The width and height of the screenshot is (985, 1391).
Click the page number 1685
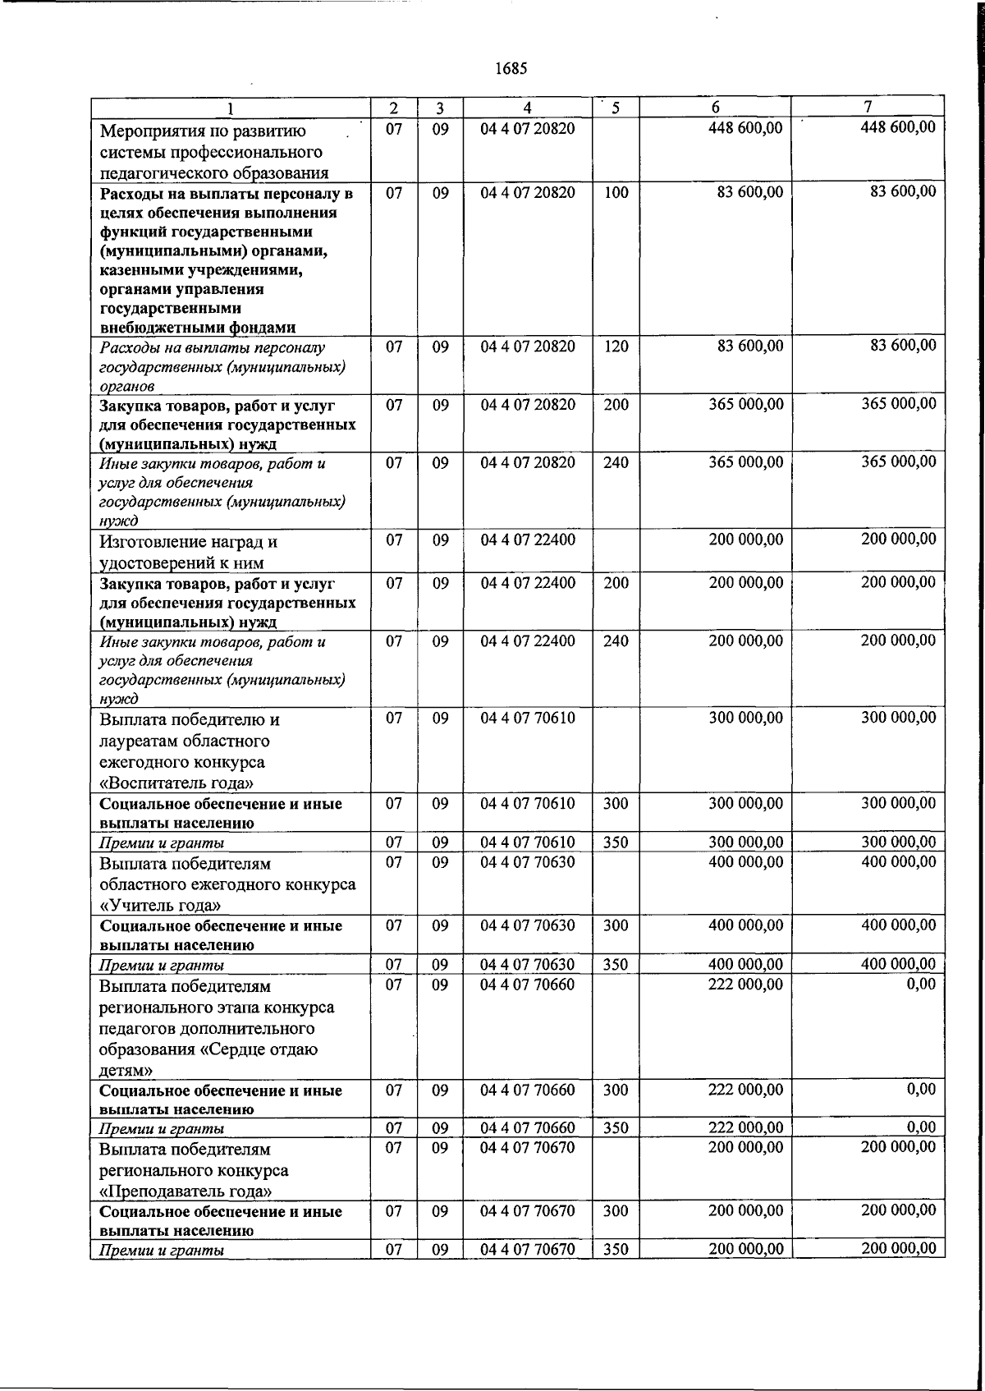pos(511,68)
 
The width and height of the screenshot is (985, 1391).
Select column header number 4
pos(528,108)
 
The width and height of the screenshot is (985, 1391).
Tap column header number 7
pos(868,108)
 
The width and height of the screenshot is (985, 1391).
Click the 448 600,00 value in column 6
pos(745,128)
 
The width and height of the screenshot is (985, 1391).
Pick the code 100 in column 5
pos(616,192)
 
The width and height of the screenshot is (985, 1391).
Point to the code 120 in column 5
pos(616,347)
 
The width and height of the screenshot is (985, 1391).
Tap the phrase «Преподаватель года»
pos(186,1191)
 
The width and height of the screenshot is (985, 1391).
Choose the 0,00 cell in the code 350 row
pos(921,1127)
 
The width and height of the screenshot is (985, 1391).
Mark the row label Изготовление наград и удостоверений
pos(188,552)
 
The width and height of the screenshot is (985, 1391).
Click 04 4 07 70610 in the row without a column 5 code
pos(528,718)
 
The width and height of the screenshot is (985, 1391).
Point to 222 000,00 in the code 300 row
pos(745,1090)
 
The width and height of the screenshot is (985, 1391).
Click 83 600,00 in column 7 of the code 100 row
pos(903,192)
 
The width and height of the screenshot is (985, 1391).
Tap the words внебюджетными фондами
pos(197,328)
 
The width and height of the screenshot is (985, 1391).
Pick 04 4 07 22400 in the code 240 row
pos(528,641)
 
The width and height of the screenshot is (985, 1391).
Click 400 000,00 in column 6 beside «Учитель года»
pos(745,862)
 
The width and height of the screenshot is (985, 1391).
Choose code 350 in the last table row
pos(616,1250)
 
